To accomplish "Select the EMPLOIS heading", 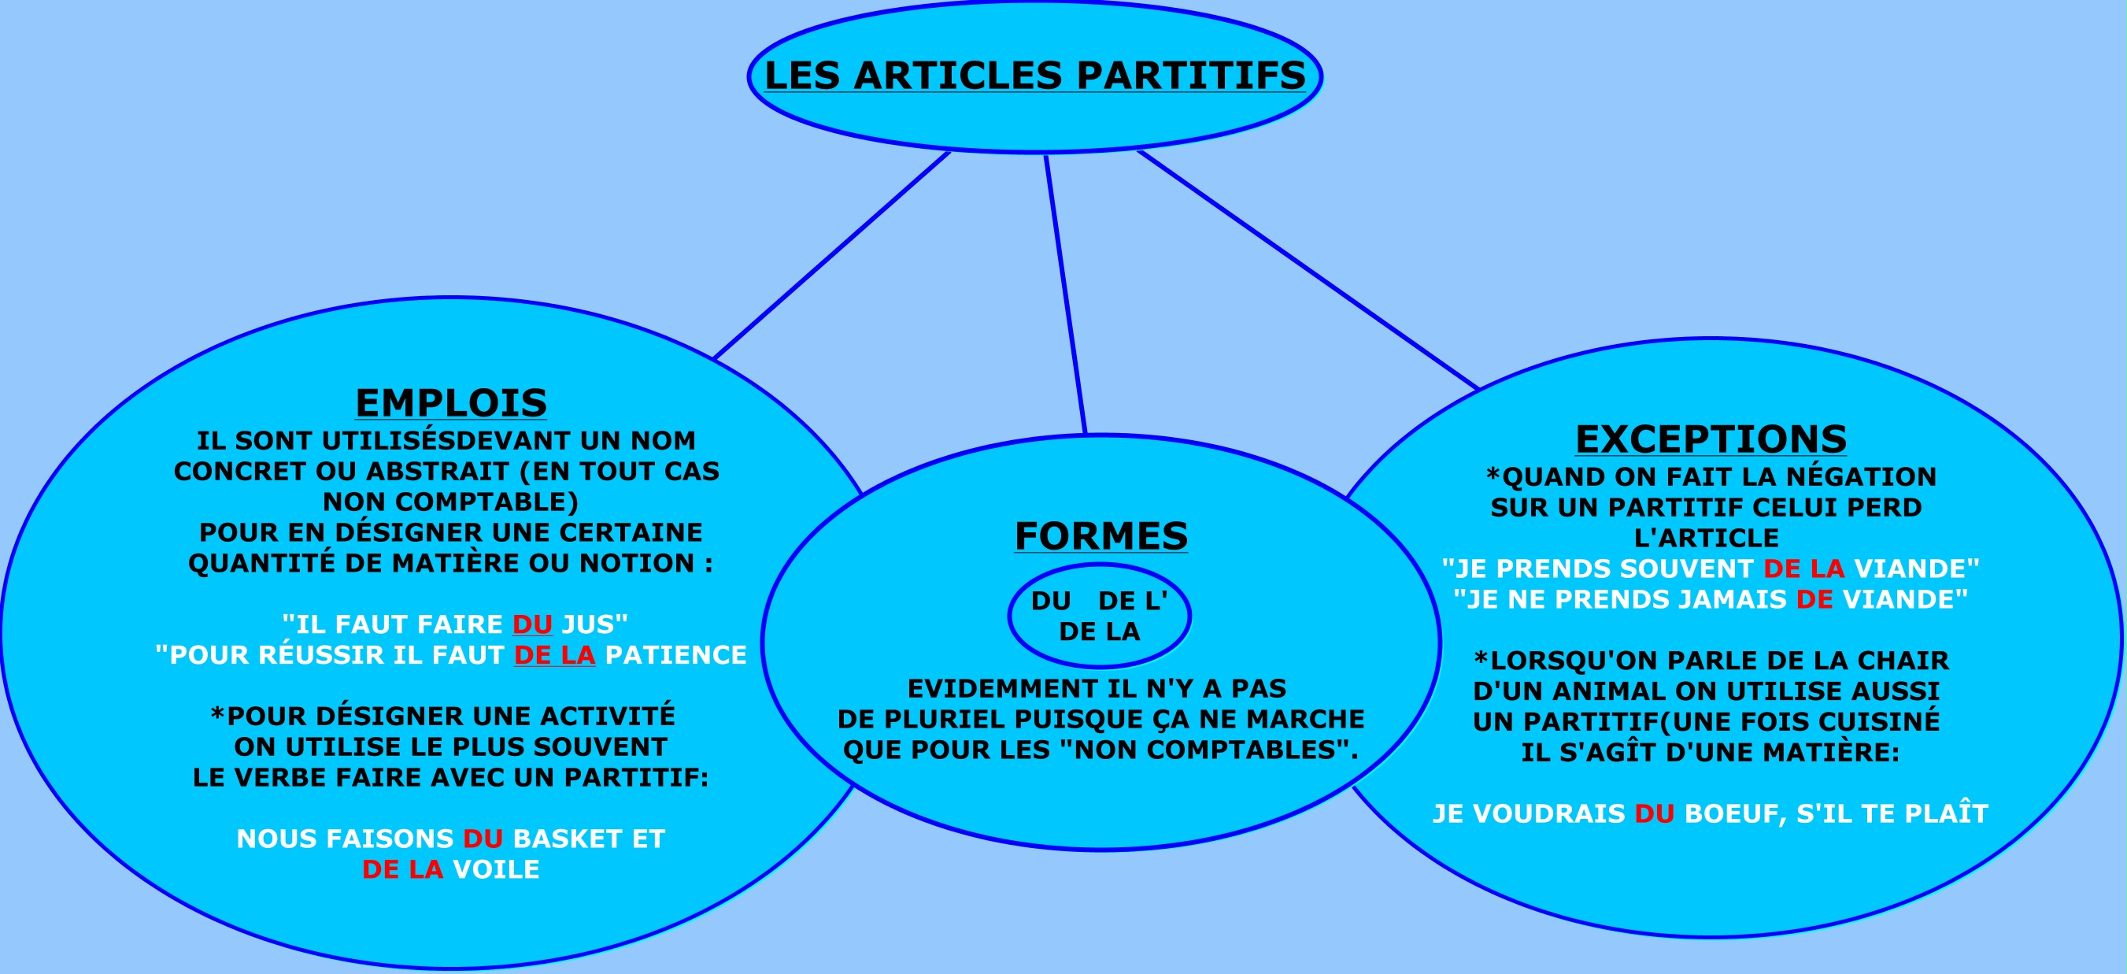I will (451, 403).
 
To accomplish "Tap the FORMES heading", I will (1100, 536).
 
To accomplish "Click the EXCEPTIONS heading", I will (1711, 439).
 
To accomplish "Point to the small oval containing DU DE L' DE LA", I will (1099, 617).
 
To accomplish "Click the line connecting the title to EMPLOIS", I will (831, 255).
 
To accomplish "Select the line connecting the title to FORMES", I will (1065, 293).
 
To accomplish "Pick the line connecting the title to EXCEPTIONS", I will (1307, 269).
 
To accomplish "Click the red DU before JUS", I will (532, 624).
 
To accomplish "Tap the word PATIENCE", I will (675, 655).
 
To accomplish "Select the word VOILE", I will (495, 869).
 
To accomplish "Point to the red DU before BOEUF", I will (1654, 813).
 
